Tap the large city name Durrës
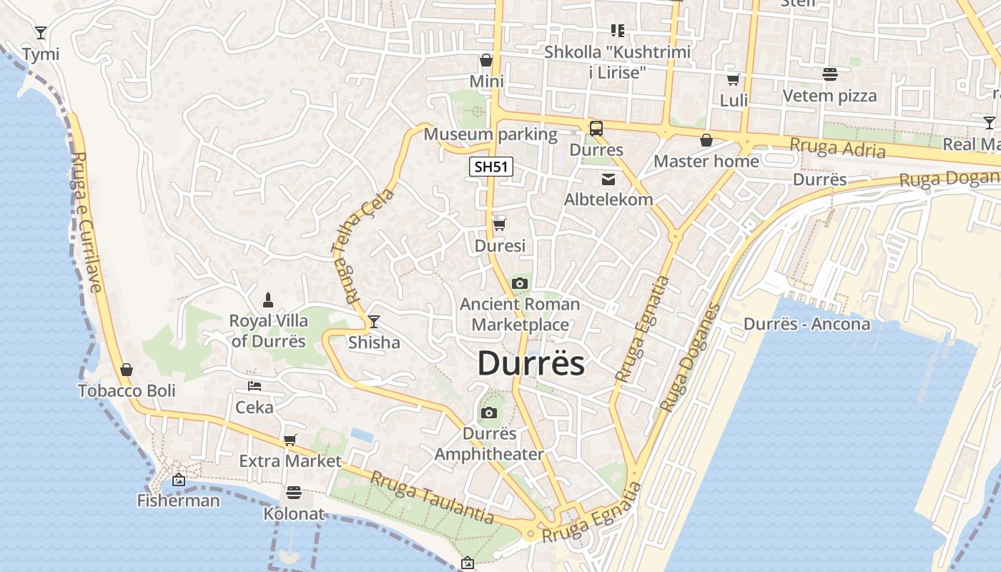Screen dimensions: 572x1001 pyautogui.click(x=531, y=363)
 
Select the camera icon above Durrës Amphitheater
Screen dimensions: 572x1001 pyautogui.click(x=489, y=413)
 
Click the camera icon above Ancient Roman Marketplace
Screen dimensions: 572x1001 pyautogui.click(x=520, y=283)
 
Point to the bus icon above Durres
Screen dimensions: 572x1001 pyautogui.click(x=596, y=129)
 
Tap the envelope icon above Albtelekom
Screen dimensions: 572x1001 pyautogui.click(x=608, y=179)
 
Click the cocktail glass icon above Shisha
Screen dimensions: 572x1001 pyautogui.click(x=373, y=322)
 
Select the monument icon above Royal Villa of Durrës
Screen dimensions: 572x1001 pyautogui.click(x=268, y=299)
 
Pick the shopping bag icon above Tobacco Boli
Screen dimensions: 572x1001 pyautogui.click(x=127, y=370)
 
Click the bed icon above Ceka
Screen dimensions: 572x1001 pyautogui.click(x=255, y=386)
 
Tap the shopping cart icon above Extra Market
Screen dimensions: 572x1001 pyautogui.click(x=290, y=440)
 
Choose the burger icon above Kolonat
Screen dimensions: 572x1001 pyautogui.click(x=293, y=493)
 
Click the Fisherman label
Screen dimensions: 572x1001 pyautogui.click(x=179, y=500)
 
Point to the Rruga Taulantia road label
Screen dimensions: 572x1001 pyautogui.click(x=432, y=497)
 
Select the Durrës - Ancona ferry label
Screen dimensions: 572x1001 pyautogui.click(x=807, y=324)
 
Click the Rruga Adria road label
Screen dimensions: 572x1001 pyautogui.click(x=837, y=148)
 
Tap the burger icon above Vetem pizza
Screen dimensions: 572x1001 pyautogui.click(x=829, y=74)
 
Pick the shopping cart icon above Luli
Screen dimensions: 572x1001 pyautogui.click(x=733, y=79)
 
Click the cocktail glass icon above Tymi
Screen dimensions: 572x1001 pyautogui.click(x=41, y=33)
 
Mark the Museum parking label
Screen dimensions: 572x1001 pyautogui.click(x=490, y=134)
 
